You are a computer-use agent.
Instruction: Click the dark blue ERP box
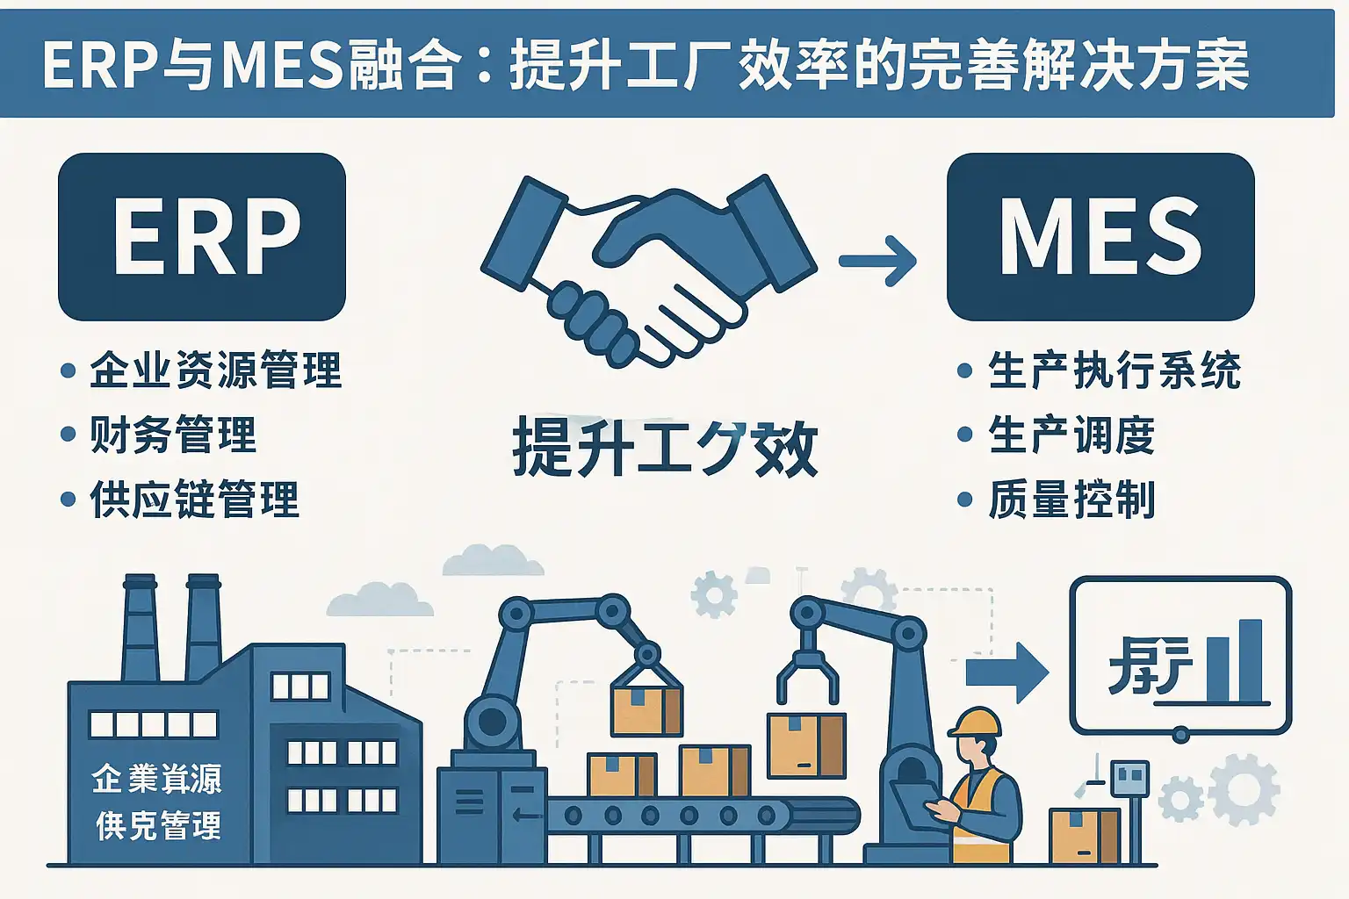click(x=202, y=237)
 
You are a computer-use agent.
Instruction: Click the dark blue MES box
click(x=1100, y=237)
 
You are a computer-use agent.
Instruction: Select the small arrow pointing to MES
click(x=877, y=260)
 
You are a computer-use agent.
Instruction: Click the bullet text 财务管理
click(x=173, y=435)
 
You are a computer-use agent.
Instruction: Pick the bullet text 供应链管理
click(x=194, y=500)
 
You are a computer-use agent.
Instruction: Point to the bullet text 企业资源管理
click(x=215, y=370)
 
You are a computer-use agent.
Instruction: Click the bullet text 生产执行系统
click(x=1114, y=370)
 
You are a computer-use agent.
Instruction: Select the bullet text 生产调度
click(x=1071, y=435)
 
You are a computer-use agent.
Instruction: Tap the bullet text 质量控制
click(x=1071, y=500)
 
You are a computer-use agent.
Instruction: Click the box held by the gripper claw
click(x=806, y=745)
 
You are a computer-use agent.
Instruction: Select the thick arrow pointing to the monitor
click(x=1006, y=672)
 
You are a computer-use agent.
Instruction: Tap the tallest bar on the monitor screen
click(x=1250, y=660)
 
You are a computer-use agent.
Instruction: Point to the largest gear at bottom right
click(x=1244, y=788)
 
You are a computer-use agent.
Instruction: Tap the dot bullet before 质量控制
click(x=964, y=500)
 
